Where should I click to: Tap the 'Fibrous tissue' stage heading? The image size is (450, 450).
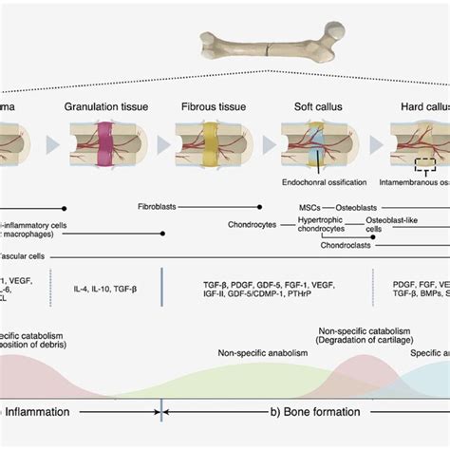pos(210,107)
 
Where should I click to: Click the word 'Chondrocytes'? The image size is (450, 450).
pos(252,225)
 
